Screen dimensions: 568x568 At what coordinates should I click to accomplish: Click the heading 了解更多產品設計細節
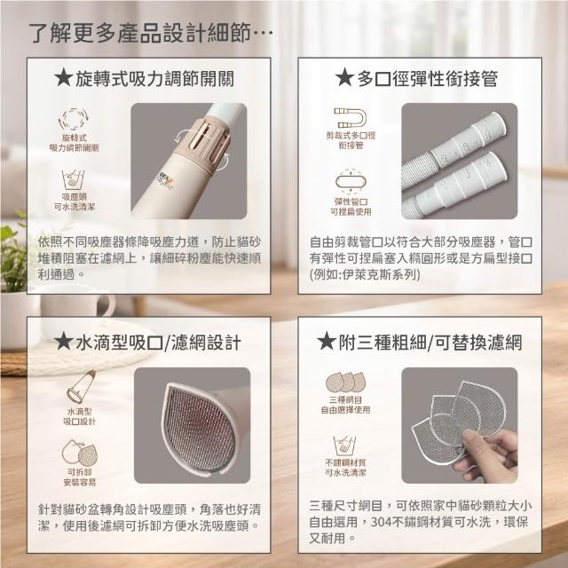coord(139,34)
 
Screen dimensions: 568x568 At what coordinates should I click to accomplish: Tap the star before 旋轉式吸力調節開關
coord(63,78)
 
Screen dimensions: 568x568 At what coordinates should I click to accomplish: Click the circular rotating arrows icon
coord(74,119)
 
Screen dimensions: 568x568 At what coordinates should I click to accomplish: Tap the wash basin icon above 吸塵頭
coord(73,179)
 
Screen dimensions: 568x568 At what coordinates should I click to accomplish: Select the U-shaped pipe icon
coord(350,118)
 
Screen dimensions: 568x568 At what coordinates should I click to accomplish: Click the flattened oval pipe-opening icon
coord(351,181)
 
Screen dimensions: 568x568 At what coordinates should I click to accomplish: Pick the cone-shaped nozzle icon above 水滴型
coord(81,387)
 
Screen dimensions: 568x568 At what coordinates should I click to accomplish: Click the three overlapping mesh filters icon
coord(345,383)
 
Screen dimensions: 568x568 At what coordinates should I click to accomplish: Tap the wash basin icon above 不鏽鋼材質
coord(344,446)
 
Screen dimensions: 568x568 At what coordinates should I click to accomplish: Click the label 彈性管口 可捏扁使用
coord(351,207)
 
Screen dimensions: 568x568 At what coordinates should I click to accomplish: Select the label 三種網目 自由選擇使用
coord(345,405)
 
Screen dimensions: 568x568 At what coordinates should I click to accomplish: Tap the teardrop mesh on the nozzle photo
coord(200,430)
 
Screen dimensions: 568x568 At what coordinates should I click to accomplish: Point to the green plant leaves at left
coord(13,254)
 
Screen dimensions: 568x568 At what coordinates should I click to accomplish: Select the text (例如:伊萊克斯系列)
coord(365,275)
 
